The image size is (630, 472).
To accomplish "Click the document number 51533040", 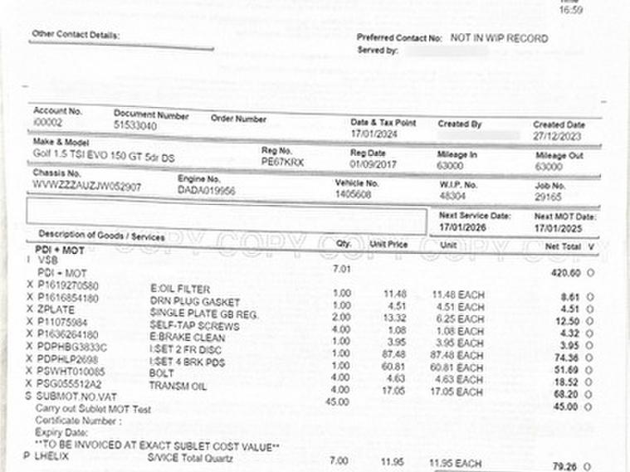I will pyautogui.click(x=135, y=125).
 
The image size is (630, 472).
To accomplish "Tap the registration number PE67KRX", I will pyautogui.click(x=282, y=163).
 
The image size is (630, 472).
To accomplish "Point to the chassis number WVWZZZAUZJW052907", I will pyautogui.click(x=87, y=187).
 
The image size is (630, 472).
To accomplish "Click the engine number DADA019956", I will pyautogui.click(x=207, y=190).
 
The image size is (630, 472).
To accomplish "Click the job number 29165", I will pyautogui.click(x=549, y=197).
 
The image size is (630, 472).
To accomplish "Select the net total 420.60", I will pyautogui.click(x=566, y=272).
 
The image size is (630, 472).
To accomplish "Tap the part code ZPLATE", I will pyautogui.click(x=56, y=309).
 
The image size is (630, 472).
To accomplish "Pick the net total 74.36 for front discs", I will pyautogui.click(x=568, y=358).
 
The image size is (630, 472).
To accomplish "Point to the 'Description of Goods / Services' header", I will pyautogui.click(x=101, y=236).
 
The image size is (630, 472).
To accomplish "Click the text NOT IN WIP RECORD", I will pyautogui.click(x=499, y=38).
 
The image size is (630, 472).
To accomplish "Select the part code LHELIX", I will pyautogui.click(x=52, y=456).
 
